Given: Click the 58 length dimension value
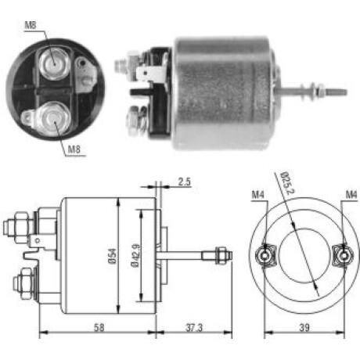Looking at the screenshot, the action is [99, 327].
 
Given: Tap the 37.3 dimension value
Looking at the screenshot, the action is [194, 328].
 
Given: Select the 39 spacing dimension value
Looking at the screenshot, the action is [304, 327].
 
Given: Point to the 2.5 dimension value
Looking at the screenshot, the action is [185, 182].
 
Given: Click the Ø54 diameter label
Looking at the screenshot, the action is [113, 256].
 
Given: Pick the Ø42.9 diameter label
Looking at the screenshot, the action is [136, 256].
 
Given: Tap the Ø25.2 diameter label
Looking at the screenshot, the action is [288, 183].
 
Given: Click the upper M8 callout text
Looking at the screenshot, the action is [31, 25].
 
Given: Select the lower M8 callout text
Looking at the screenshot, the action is [74, 149].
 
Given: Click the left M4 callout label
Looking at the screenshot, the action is [258, 195].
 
